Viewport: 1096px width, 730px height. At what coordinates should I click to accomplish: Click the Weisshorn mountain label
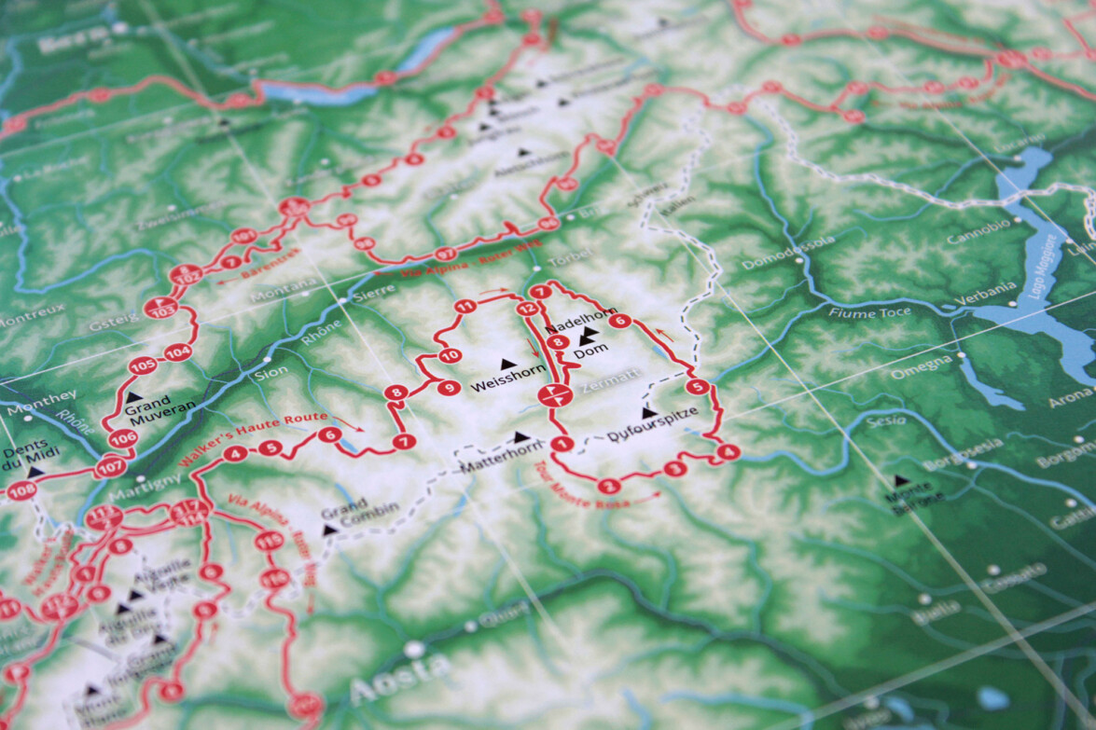point(507,384)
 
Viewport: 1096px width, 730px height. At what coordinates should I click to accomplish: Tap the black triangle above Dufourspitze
point(648,412)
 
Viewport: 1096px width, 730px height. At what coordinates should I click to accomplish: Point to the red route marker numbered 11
point(465,306)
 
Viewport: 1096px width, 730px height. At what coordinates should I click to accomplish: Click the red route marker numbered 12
point(527,309)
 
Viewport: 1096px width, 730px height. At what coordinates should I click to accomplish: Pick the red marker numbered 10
point(450,355)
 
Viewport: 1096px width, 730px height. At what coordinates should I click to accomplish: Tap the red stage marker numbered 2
point(608,485)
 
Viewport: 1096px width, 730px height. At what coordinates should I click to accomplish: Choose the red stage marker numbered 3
point(674,468)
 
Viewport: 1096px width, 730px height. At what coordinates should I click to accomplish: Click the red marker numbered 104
point(177,352)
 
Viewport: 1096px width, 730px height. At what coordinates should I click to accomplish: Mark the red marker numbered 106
point(122,438)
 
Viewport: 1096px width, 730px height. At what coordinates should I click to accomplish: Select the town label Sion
point(271,371)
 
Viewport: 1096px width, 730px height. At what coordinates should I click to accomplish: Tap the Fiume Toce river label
point(868,313)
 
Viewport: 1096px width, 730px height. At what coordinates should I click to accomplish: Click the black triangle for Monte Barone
point(901,481)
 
